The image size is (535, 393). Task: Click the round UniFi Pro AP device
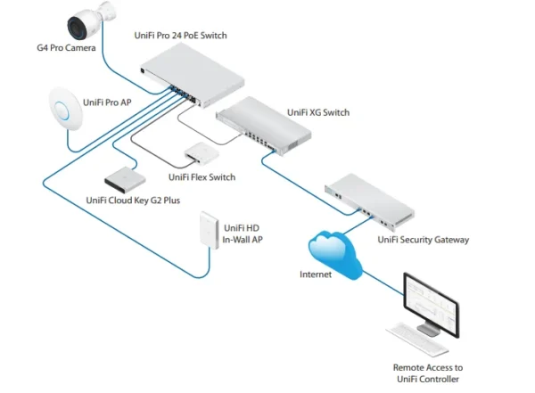[60, 111]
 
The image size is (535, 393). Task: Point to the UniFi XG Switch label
[318, 113]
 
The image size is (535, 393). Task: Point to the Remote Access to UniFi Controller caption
[427, 373]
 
